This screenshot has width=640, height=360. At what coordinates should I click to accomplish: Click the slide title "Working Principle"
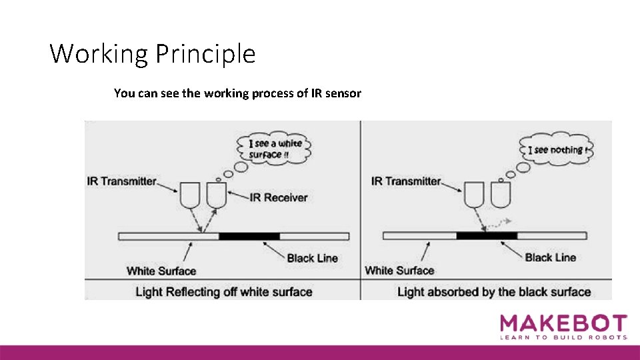point(153,53)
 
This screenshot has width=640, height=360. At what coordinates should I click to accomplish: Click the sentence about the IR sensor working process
point(237,93)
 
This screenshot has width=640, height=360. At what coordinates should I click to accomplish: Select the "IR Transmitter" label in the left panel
point(122,181)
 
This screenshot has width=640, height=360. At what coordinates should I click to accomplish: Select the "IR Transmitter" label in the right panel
point(406,181)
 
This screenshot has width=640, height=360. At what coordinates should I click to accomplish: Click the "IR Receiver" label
point(279,197)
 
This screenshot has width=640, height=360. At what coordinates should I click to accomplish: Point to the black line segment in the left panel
point(249,236)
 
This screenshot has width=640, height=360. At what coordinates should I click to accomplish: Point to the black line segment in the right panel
point(487,235)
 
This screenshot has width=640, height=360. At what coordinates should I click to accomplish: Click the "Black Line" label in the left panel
point(312,258)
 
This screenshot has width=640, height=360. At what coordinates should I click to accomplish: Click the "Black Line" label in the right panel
point(550,257)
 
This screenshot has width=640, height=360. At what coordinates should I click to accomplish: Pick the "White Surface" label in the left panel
point(161,271)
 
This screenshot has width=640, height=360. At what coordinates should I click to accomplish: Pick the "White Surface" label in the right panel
point(399,270)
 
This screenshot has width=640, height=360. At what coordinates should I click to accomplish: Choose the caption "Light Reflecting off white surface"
point(223,291)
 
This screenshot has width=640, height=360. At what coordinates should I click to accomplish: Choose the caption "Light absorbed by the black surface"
point(494,291)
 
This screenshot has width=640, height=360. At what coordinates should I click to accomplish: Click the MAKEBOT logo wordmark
point(563,323)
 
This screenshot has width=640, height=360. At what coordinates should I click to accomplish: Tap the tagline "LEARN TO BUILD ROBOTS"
point(563,337)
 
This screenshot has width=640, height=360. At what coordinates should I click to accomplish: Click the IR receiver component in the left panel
point(217,193)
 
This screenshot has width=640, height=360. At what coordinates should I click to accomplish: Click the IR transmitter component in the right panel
point(473,193)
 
